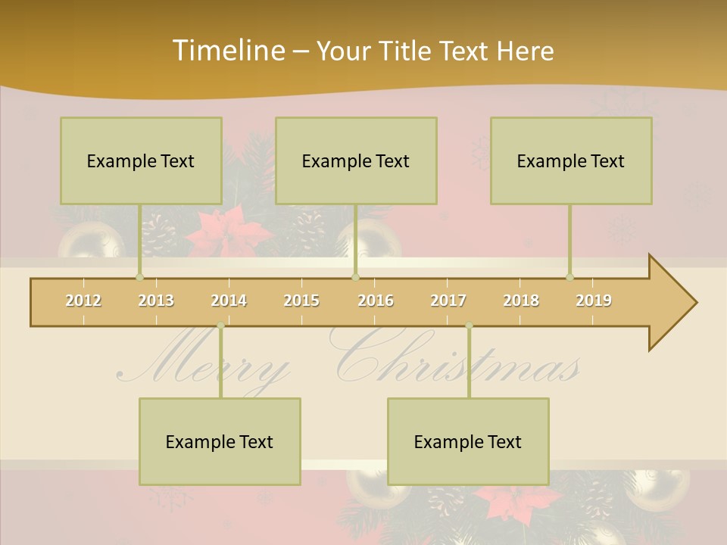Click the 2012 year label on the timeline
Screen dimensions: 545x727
pos(83,301)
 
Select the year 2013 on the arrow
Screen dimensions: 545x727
pos(156,301)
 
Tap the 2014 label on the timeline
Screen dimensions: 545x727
pos(229,301)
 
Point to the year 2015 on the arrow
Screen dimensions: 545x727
pos(301,301)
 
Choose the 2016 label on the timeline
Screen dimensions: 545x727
pos(376,301)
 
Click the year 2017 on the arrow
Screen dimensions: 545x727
pos(448,301)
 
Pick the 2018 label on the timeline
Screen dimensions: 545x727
pos(521,301)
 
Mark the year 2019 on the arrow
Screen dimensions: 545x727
pos(594,301)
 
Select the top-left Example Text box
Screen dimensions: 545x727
pos(141,160)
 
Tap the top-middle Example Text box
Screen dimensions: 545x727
pos(356,160)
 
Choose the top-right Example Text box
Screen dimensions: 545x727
pos(571,160)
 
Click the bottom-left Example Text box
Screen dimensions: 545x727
pos(220,441)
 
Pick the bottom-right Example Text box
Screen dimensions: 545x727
pos(468,441)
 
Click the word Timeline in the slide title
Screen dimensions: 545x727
pos(227,51)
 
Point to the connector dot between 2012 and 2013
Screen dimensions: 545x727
pos(139,277)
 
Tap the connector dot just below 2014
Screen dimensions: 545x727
pos(220,325)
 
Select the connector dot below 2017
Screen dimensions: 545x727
pos(469,325)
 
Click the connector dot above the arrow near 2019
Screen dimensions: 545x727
pos(570,277)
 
